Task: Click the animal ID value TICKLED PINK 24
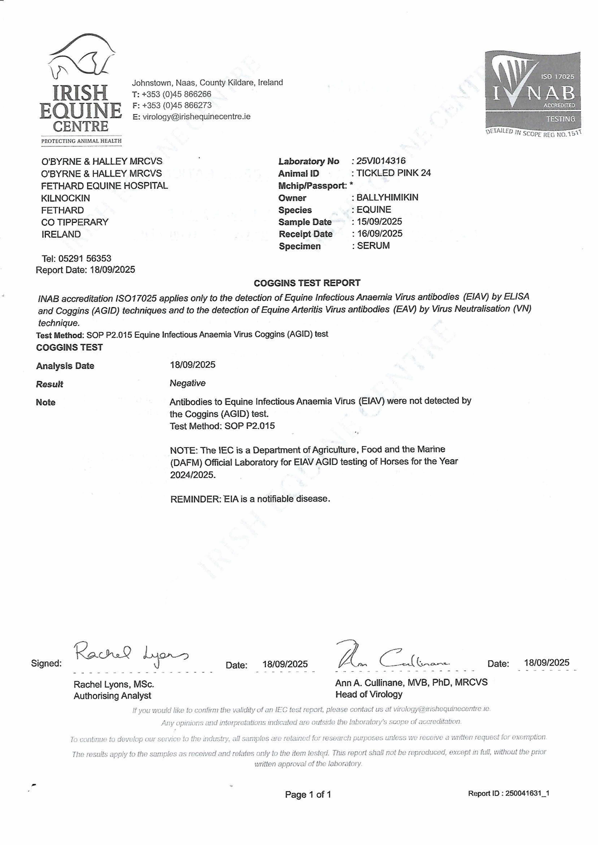point(393,173)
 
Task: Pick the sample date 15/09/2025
point(379,222)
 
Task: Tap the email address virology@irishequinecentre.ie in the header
point(196,117)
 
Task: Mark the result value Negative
point(187,383)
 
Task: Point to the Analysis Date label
point(65,366)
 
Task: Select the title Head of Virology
point(369,694)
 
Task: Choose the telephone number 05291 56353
point(85,258)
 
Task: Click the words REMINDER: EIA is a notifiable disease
point(250,499)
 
